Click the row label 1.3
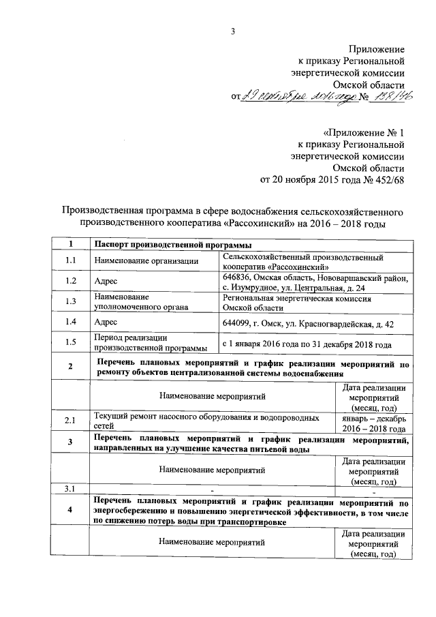pyautogui.click(x=71, y=301)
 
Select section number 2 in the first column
pyautogui.click(x=71, y=368)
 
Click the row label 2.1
pyautogui.click(x=71, y=421)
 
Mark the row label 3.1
pyautogui.click(x=71, y=489)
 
